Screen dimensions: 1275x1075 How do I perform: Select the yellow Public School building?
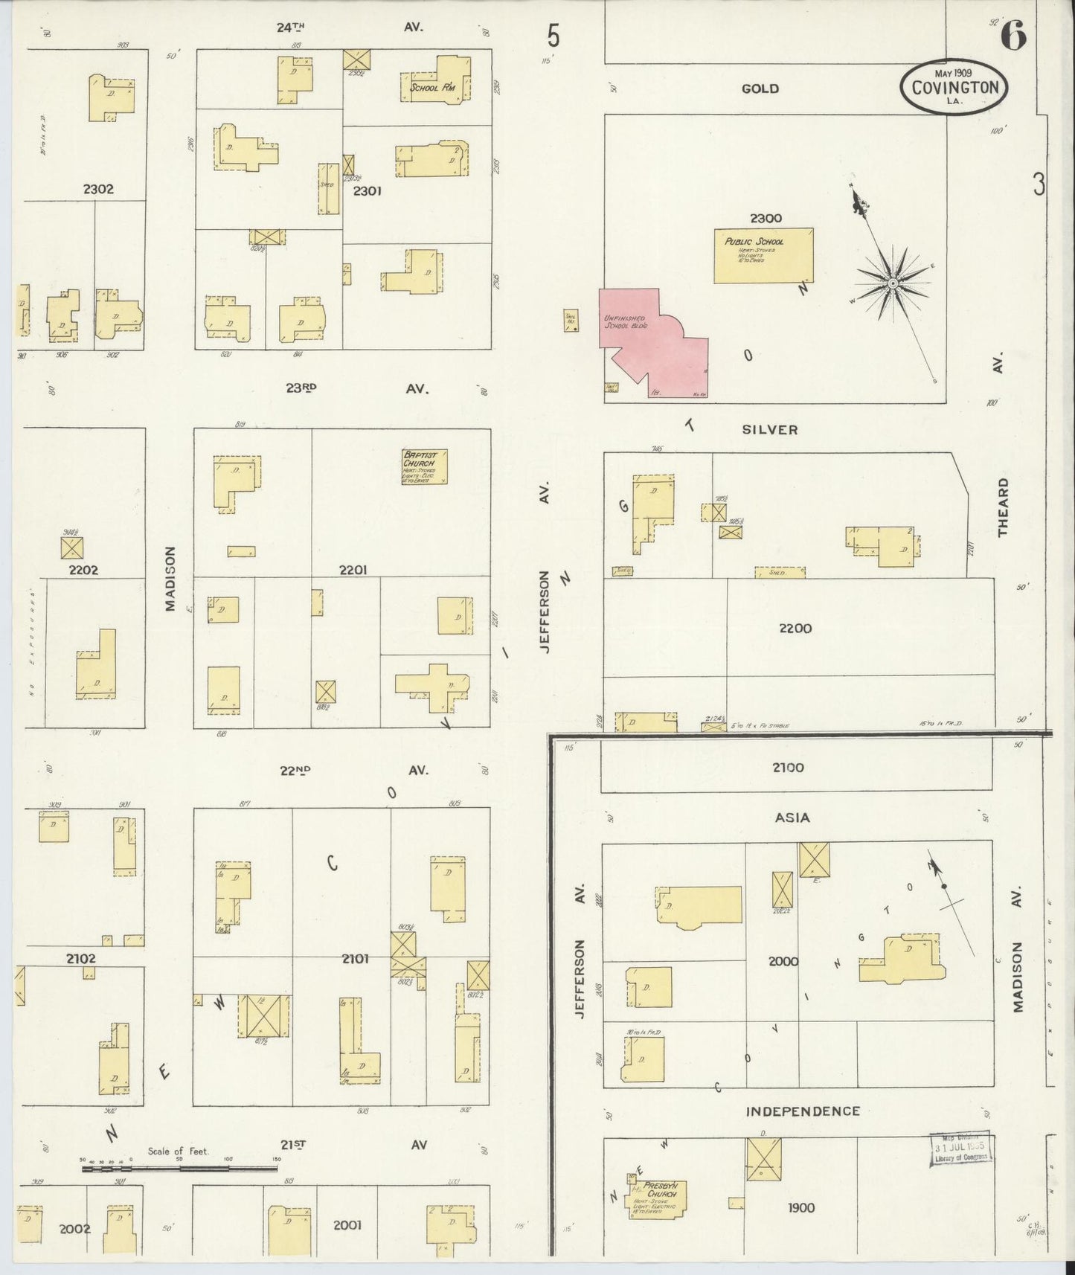point(763,256)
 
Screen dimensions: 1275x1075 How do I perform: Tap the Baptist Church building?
point(424,466)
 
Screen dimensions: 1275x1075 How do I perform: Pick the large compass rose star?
point(892,283)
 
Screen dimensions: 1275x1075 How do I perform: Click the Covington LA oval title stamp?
point(955,88)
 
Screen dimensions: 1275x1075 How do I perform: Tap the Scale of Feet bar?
point(179,1168)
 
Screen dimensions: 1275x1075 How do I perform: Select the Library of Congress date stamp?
point(962,1152)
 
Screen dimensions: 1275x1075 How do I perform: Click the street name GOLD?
point(760,89)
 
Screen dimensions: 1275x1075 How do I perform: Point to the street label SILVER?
point(769,429)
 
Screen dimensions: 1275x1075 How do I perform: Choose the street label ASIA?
point(792,818)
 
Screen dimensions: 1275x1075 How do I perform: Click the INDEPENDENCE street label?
point(803,1111)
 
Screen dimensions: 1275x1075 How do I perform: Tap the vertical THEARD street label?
point(1004,507)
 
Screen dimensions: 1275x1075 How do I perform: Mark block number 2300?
point(766,218)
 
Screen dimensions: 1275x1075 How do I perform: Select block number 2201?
point(353,570)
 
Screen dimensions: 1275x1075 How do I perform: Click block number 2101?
point(356,959)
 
